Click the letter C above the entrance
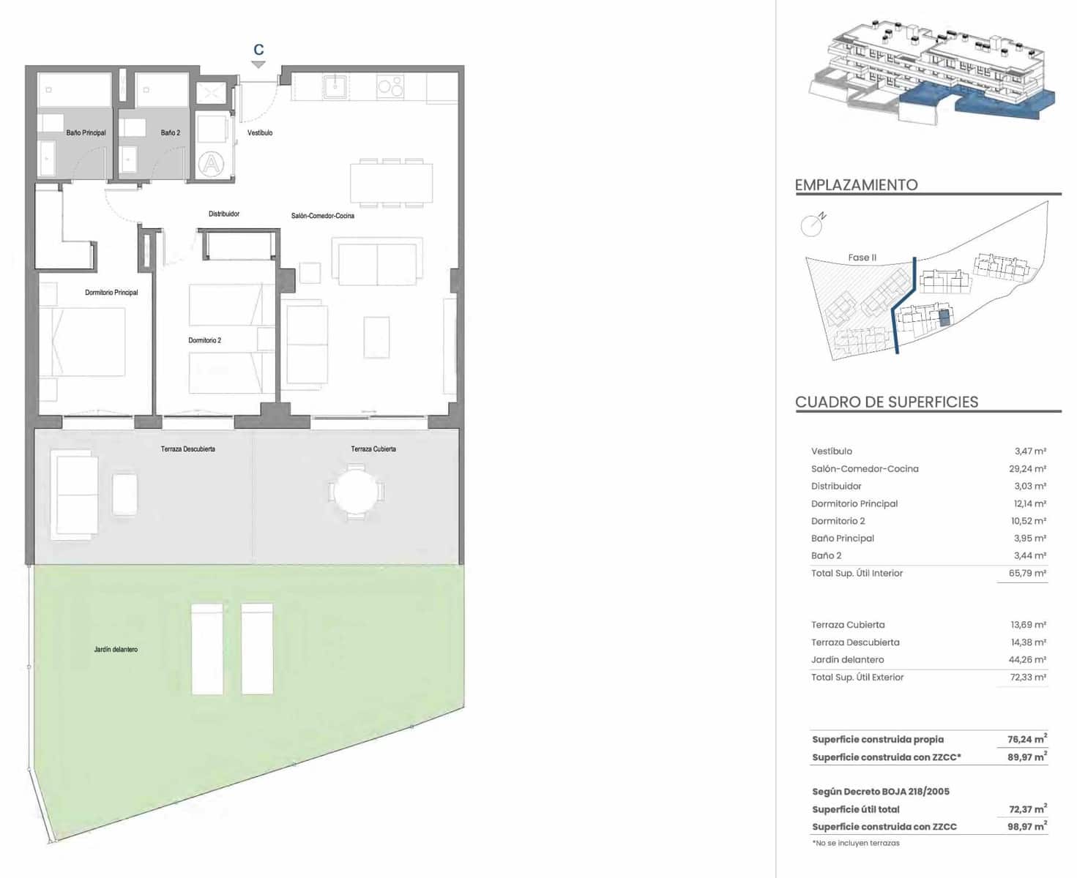point(258,50)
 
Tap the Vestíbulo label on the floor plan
point(260,132)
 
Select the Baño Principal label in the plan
point(86,132)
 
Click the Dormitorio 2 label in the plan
point(204,340)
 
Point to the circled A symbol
point(212,163)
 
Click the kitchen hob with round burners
point(390,87)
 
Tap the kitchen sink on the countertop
point(335,86)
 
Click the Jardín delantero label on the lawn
point(116,649)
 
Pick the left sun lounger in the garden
point(207,649)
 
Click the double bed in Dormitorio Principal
point(82,342)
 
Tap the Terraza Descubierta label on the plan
point(188,449)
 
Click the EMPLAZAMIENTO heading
point(856,185)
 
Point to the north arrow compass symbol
point(813,225)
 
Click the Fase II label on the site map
point(862,258)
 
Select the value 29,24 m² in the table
point(1027,469)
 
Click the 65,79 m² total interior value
point(1027,574)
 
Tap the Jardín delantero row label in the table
point(847,660)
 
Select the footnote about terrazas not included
point(856,843)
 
